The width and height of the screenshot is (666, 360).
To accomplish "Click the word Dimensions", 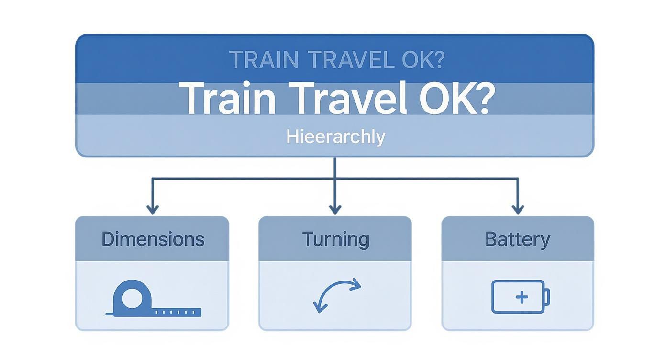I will tap(153, 239).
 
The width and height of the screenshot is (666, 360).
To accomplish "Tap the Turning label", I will tap(335, 239).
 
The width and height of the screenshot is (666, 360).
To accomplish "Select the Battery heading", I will tap(517, 239).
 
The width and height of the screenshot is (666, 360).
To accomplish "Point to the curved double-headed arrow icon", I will tap(336, 295).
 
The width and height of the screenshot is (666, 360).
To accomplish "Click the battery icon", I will tap(521, 297).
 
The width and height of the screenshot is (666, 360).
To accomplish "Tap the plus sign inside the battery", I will tap(522, 297).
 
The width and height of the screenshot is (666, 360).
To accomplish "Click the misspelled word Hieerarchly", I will tap(335, 137).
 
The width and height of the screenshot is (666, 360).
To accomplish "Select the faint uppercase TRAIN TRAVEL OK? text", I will tap(337, 59).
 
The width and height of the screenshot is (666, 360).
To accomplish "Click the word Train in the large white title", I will tap(228, 98).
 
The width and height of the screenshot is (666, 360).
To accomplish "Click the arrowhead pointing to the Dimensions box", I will tap(152, 210).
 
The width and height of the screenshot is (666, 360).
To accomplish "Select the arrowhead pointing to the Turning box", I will tap(335, 210).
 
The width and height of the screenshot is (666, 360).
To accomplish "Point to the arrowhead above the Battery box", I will tap(518, 210).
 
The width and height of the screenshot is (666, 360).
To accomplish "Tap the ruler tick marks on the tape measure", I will tap(178, 312).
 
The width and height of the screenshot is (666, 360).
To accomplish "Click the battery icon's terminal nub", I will tap(547, 297).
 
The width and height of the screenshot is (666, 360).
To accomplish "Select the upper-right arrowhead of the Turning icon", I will tap(355, 285).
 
